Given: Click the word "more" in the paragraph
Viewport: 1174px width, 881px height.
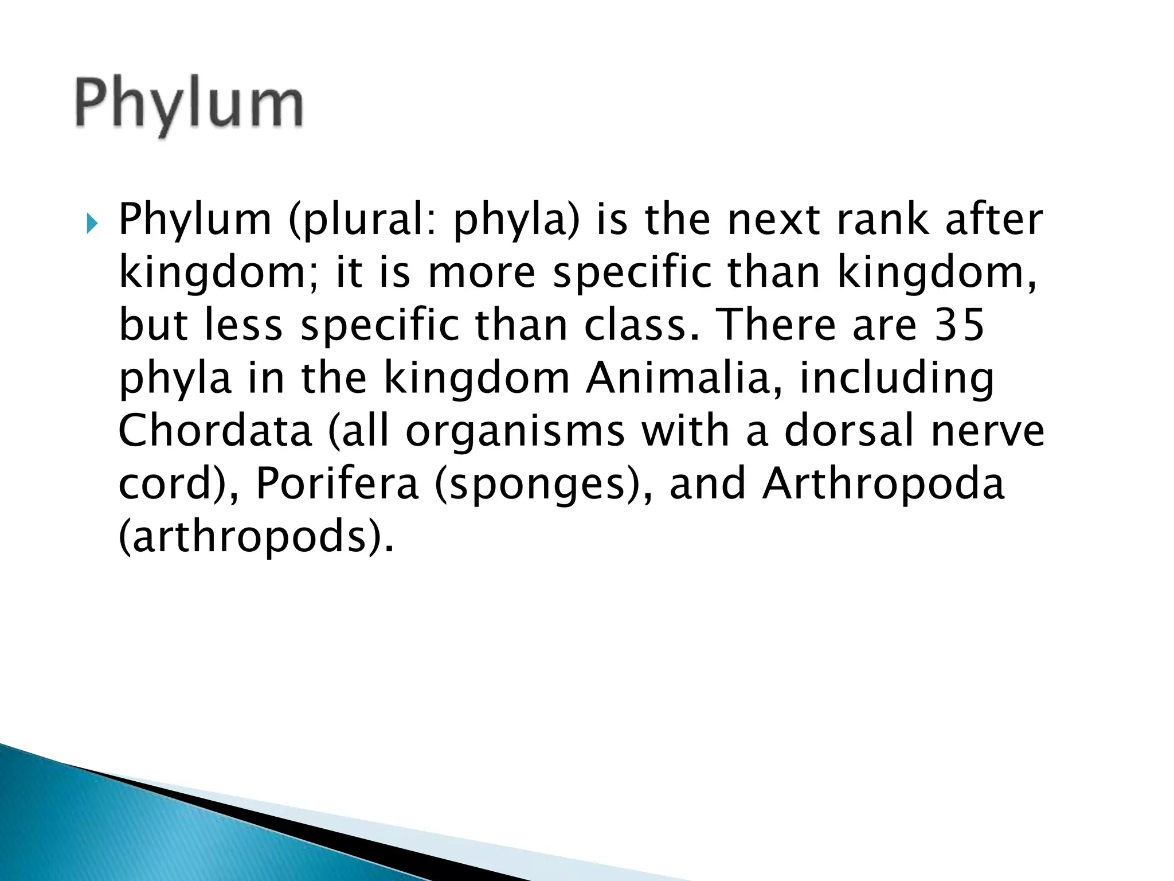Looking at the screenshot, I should tap(482, 272).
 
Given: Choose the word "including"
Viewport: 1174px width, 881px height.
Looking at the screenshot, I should tap(897, 379).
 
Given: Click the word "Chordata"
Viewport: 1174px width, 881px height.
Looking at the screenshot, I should tap(215, 431).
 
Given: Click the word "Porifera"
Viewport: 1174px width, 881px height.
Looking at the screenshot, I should tap(337, 484).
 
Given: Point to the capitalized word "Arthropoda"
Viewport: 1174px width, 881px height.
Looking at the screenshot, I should tap(883, 484).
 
